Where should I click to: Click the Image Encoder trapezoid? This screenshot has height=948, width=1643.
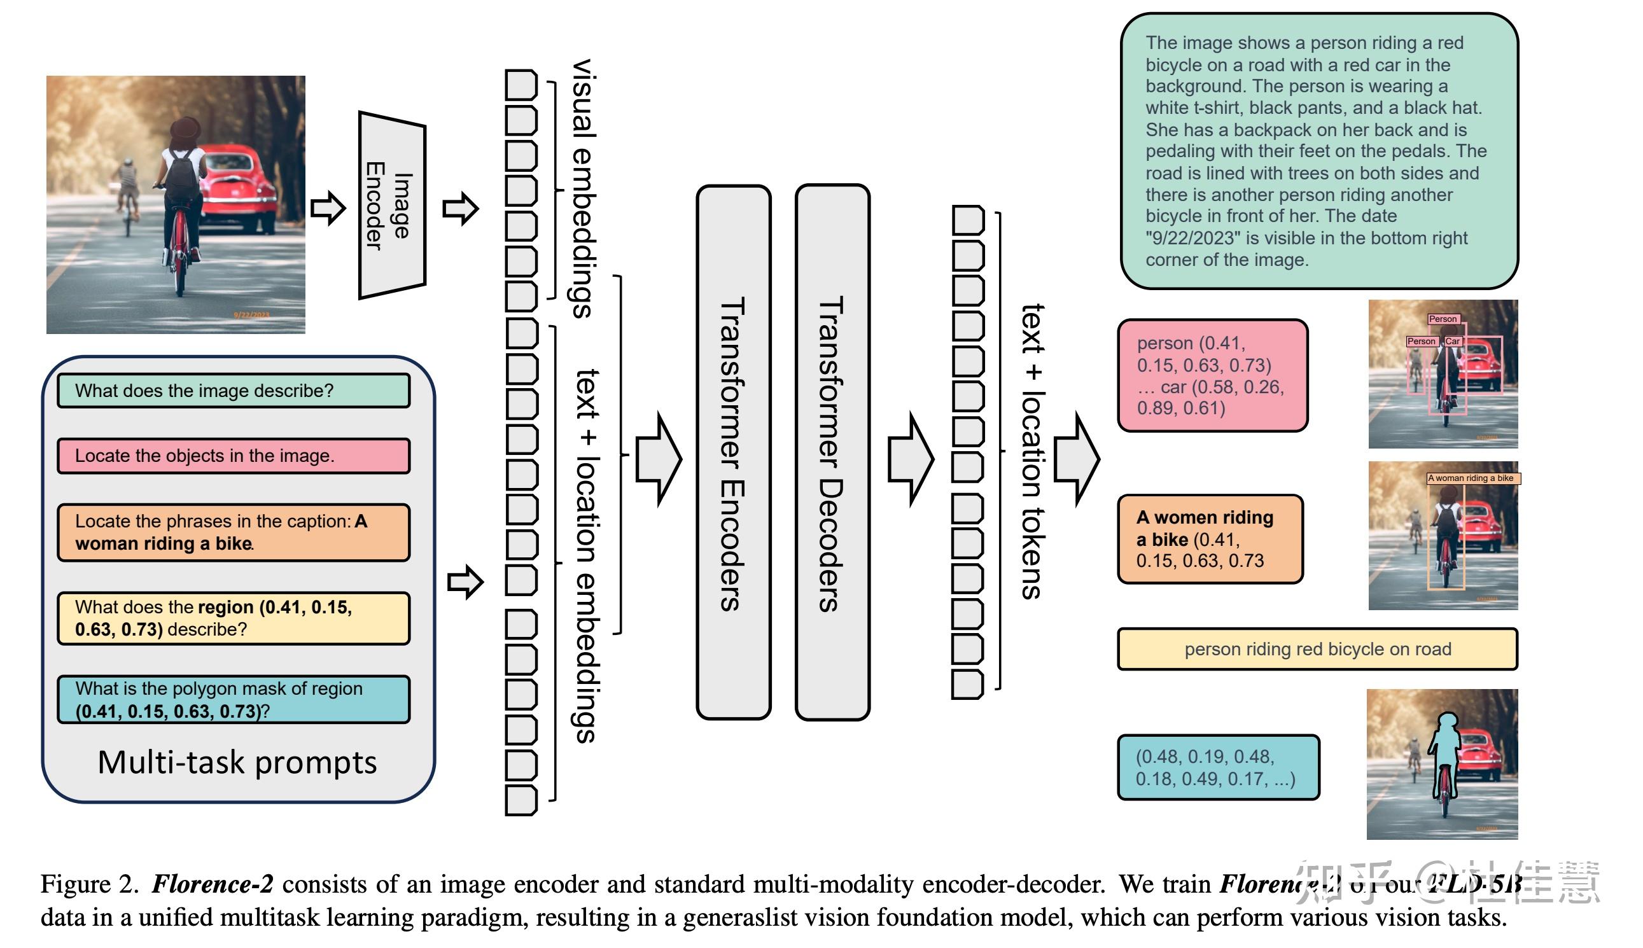[392, 205]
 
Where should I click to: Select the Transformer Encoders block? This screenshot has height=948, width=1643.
[733, 452]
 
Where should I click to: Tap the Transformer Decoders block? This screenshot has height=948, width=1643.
[832, 452]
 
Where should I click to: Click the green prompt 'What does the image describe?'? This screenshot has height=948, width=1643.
[233, 391]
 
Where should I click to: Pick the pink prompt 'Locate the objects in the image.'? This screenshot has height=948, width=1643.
[233, 456]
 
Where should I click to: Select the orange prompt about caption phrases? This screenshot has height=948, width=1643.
[233, 533]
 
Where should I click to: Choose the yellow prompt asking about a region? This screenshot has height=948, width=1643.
[233, 618]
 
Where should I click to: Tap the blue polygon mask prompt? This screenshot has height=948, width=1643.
[233, 700]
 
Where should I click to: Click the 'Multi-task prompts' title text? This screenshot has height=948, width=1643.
[237, 762]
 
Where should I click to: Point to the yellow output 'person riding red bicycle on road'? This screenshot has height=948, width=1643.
[1317, 649]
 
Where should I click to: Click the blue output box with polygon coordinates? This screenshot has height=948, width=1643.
[1218, 768]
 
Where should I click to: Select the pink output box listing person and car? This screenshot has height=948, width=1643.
[1212, 375]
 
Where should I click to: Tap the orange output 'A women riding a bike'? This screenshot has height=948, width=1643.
[1210, 539]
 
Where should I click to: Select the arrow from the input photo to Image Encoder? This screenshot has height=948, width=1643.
[328, 208]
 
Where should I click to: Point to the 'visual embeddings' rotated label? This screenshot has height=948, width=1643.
[584, 189]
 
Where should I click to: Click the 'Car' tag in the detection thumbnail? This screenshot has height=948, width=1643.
[1452, 341]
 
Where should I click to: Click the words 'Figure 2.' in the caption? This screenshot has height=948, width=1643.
[89, 884]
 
